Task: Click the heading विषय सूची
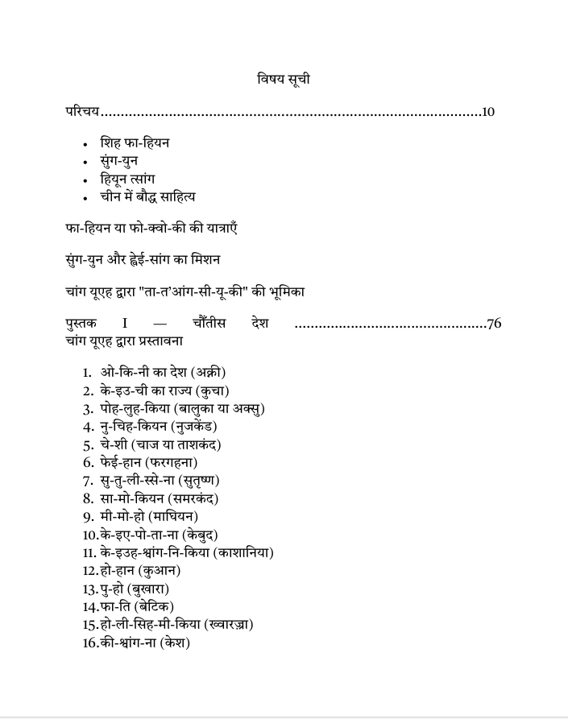coord(284,79)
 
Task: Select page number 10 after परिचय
coord(487,111)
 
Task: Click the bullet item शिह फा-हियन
coord(135,143)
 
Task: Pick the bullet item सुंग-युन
coord(118,161)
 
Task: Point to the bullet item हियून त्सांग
coord(127,179)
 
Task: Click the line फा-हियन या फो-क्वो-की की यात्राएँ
coord(151,229)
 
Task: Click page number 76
coord(494,324)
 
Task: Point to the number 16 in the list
coord(90,643)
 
